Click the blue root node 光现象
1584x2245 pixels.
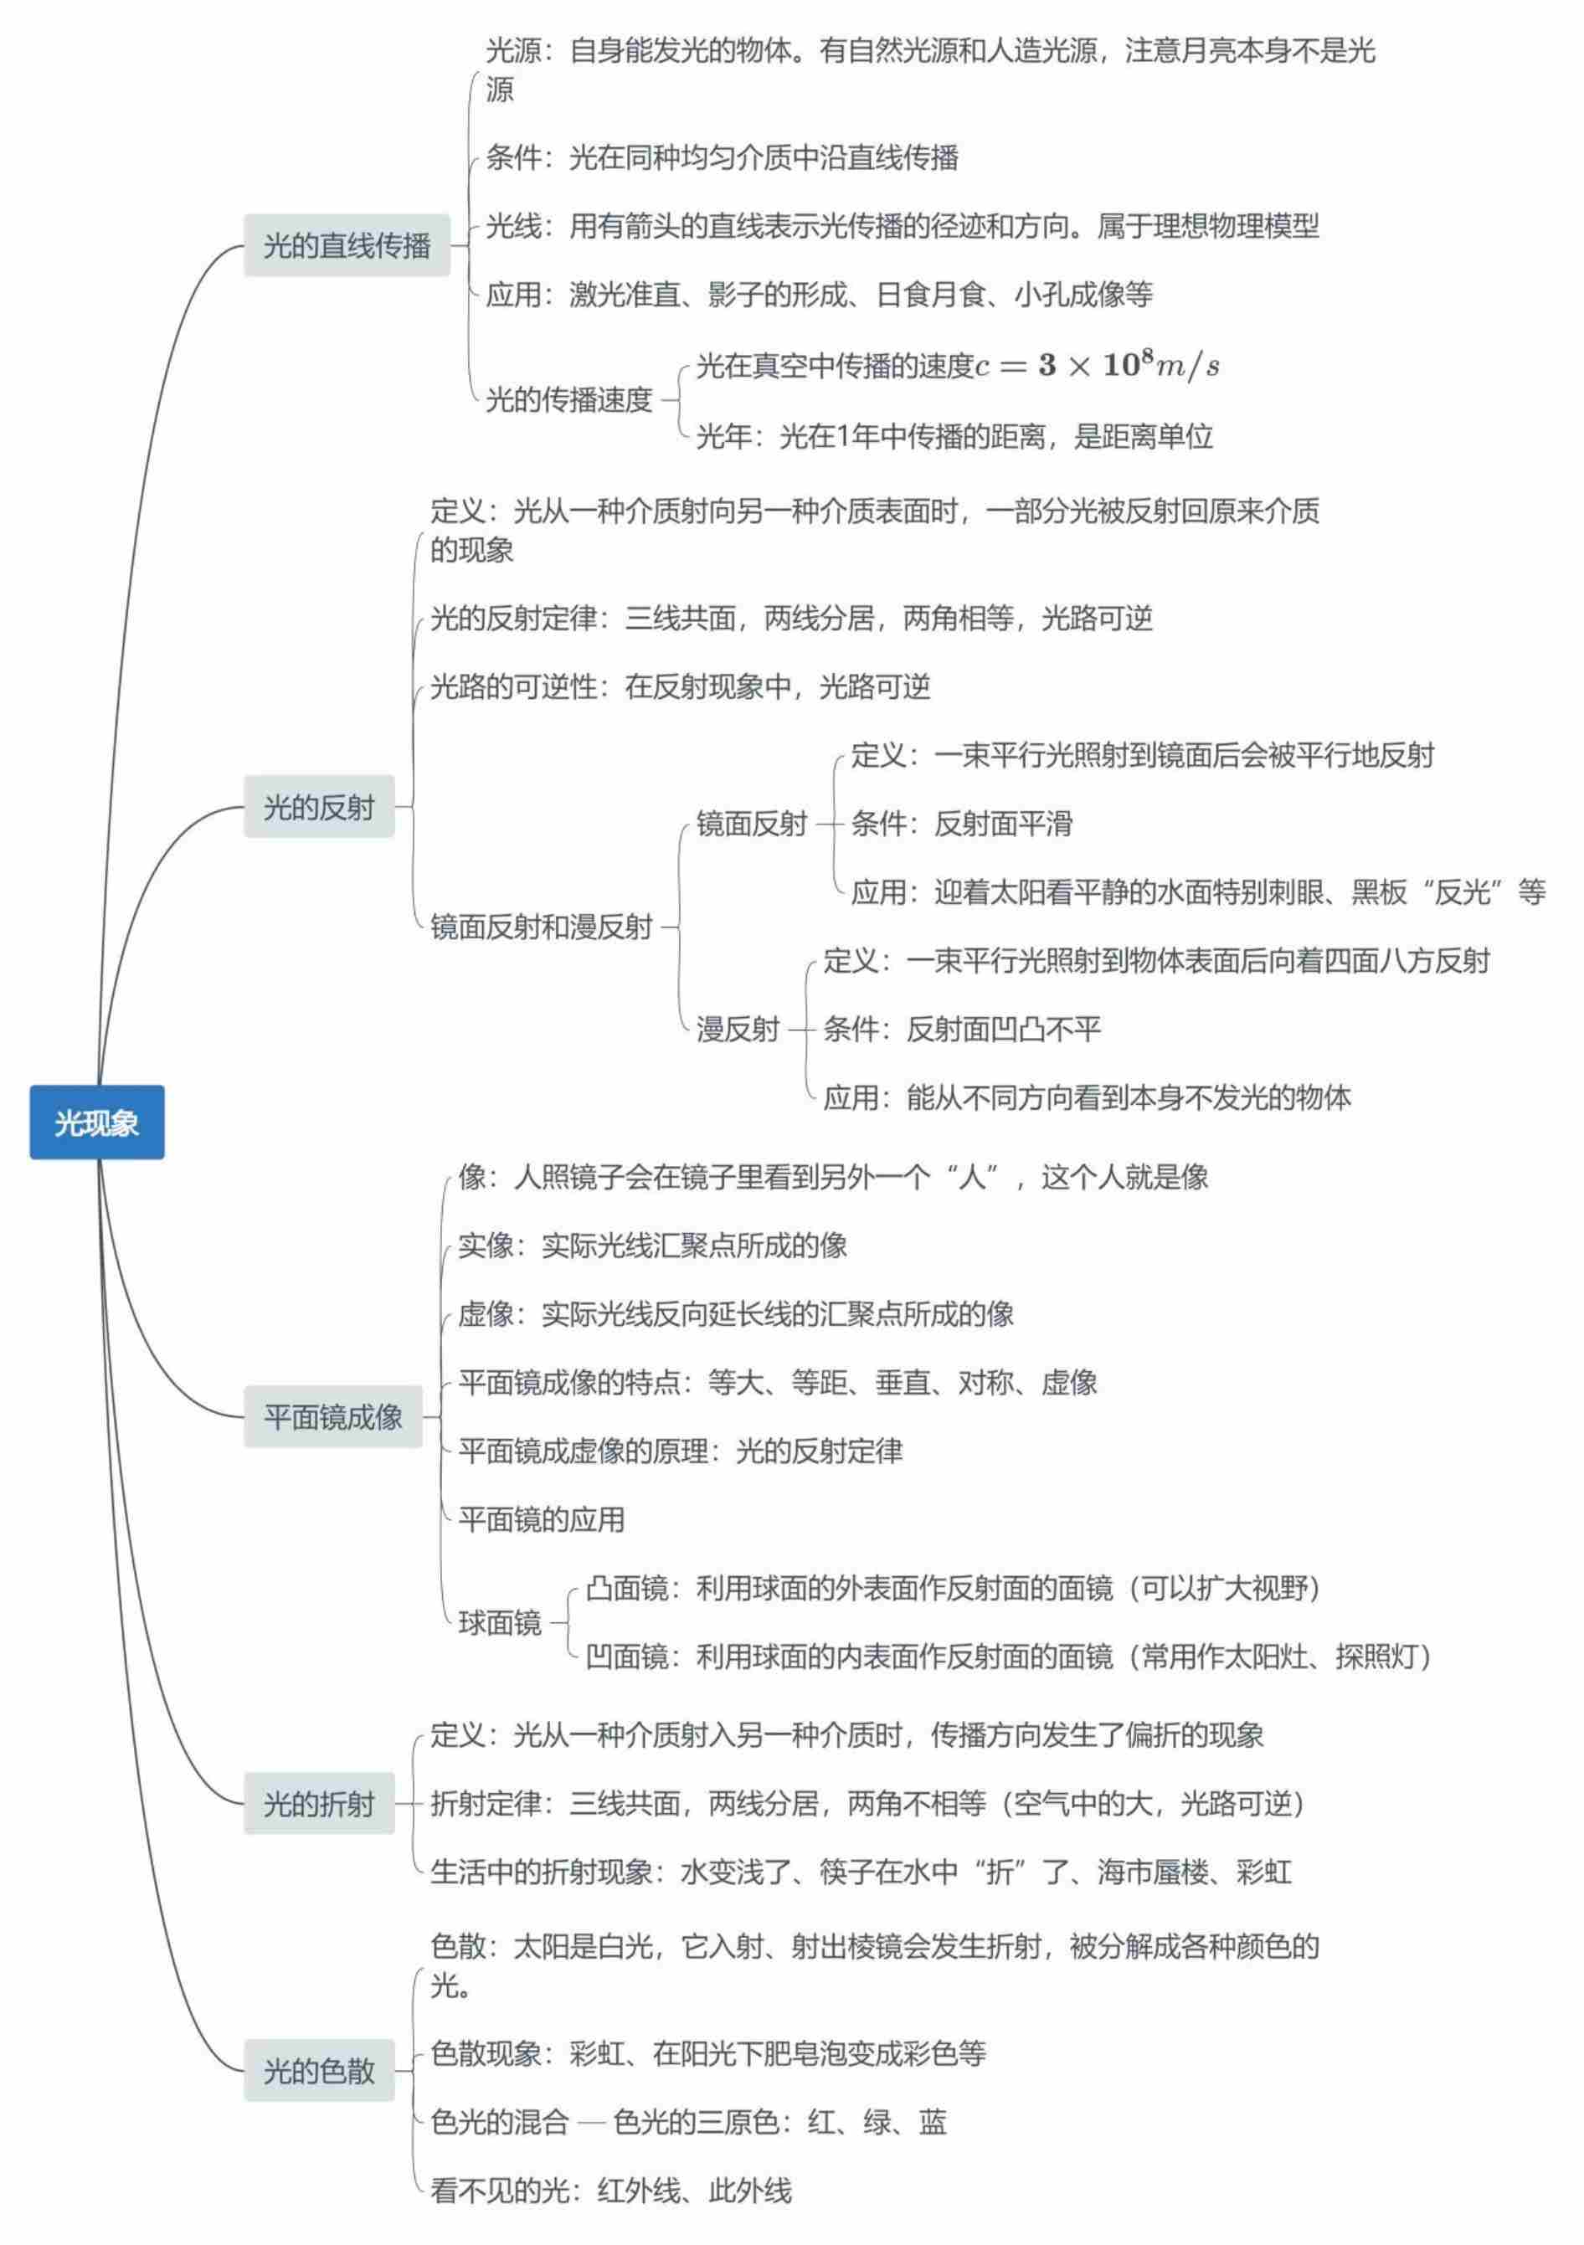click(97, 1122)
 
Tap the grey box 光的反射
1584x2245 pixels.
click(319, 807)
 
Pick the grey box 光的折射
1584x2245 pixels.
click(319, 1803)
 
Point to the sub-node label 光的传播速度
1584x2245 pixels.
click(569, 399)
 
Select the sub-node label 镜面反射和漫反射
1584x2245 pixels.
click(541, 926)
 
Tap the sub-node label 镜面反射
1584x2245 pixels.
click(751, 824)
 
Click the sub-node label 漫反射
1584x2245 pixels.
click(738, 1029)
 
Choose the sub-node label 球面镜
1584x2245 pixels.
click(500, 1622)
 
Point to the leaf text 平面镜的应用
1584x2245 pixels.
click(541, 1518)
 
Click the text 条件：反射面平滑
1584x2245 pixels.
click(961, 824)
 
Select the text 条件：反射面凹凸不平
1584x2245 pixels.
click(962, 1029)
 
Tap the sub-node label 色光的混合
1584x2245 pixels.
click(500, 2121)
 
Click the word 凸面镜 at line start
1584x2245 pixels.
click(627, 1588)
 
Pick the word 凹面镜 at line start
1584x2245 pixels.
click(627, 1657)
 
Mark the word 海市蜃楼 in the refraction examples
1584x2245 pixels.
click(1152, 1872)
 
